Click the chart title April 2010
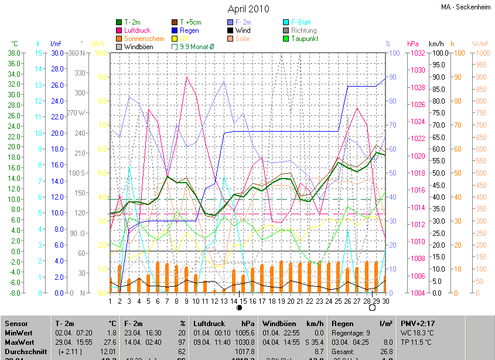pos(248,9)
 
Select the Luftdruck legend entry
pos(138,30)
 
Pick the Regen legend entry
pos(189,30)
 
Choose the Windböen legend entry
pos(139,47)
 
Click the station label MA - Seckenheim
pos(466,7)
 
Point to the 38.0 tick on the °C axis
pos(15,53)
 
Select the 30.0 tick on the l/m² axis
pos(57,53)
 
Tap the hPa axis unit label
pos(412,44)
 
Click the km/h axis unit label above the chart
pos(436,44)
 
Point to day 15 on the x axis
pos(244,301)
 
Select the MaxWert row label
pos(20,342)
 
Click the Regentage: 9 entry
pos(351,333)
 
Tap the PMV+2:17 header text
pos(418,324)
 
